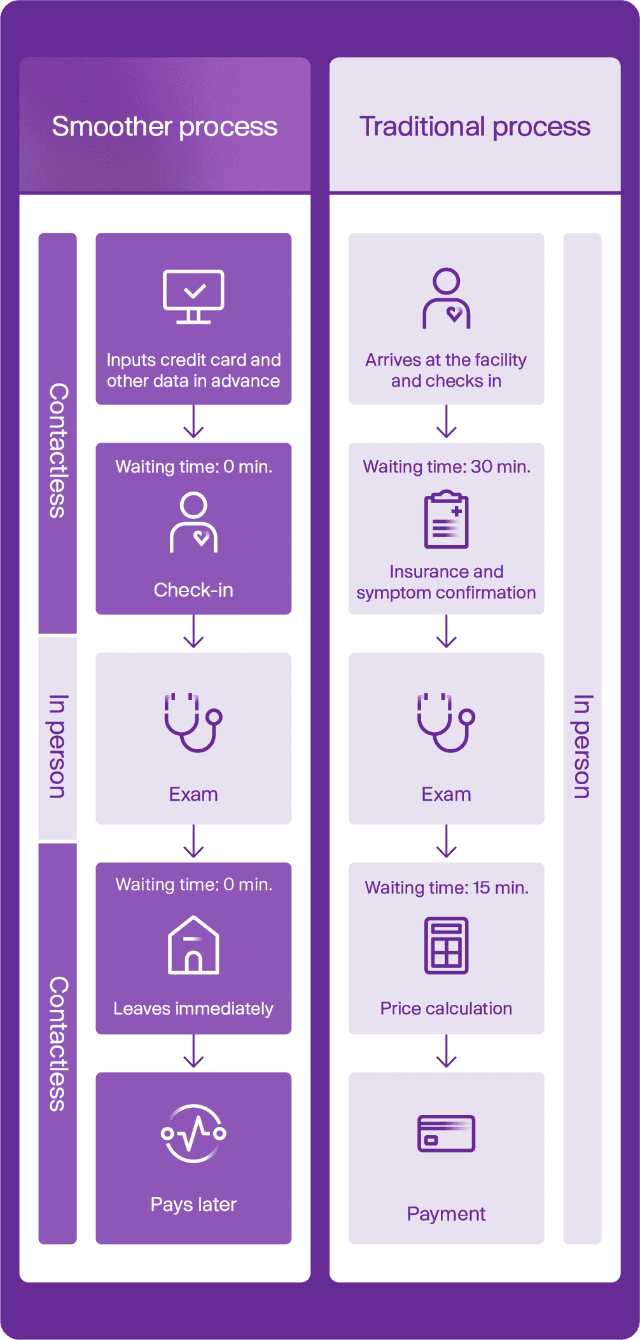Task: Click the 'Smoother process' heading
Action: click(165, 127)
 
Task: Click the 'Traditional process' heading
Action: click(475, 127)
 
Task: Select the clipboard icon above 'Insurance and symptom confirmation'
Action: click(446, 520)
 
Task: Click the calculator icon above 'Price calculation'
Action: click(446, 945)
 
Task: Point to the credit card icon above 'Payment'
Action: click(446, 1133)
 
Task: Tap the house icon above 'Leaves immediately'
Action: click(193, 945)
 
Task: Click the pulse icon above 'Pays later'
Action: click(193, 1133)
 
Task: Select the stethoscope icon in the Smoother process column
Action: click(193, 722)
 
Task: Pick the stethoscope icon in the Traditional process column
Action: click(446, 722)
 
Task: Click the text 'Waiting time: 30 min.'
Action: click(447, 467)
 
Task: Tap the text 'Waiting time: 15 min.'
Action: click(447, 888)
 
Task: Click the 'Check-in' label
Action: click(193, 590)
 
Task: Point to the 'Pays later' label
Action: click(193, 1205)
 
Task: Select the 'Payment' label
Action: click(446, 1214)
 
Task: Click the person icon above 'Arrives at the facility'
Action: click(446, 298)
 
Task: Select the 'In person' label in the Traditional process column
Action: click(582, 746)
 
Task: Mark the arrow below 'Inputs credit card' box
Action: click(193, 422)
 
